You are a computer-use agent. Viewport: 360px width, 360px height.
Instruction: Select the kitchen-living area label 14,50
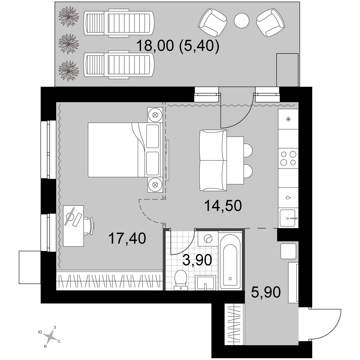coord(223,206)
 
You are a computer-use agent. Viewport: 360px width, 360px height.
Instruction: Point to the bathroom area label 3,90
coord(197,260)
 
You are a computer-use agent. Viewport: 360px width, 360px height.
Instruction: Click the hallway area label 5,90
coord(266,292)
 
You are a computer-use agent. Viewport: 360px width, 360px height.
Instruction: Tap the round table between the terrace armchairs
coord(242,21)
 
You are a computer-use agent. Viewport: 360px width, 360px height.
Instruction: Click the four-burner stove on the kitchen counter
coord(288,158)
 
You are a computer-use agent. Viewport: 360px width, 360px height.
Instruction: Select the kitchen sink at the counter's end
coord(288,218)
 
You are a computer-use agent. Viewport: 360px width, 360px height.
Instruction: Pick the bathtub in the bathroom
coord(230,261)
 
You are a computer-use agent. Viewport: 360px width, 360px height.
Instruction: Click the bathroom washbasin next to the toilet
coord(206,282)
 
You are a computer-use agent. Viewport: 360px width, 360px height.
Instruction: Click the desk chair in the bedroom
coord(90,226)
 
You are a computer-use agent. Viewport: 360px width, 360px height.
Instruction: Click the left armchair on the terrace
coord(213,22)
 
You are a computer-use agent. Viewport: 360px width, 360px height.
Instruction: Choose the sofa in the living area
coord(213,160)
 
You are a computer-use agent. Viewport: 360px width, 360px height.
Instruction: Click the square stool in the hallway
coord(288,251)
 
